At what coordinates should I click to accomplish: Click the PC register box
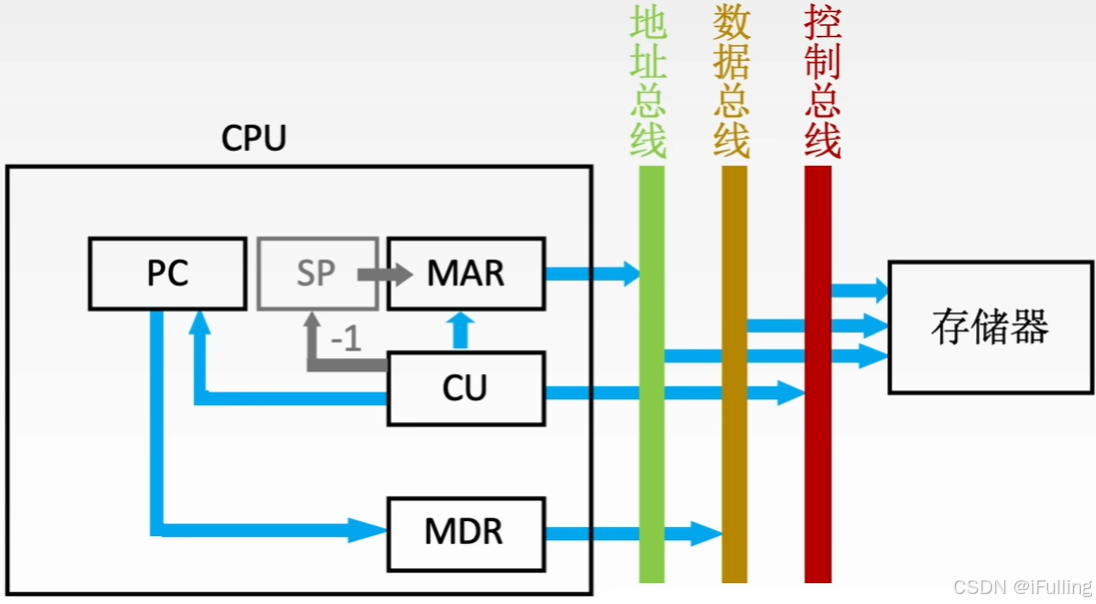167,273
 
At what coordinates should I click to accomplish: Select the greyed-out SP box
317,273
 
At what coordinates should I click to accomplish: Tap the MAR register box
466,273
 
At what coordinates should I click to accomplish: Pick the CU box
466,387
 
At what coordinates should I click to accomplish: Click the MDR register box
466,531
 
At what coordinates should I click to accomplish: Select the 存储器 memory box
989,326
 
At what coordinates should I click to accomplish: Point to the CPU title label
254,139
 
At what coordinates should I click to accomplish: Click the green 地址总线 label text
649,84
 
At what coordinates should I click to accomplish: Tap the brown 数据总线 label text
732,84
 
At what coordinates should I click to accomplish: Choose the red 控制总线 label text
821,84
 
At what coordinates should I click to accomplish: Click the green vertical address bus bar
651,449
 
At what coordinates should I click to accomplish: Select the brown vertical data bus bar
734,449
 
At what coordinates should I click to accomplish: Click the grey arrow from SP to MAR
385,274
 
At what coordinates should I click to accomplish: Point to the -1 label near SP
345,339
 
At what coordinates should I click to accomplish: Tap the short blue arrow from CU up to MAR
460,330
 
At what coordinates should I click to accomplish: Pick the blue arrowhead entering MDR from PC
368,529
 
